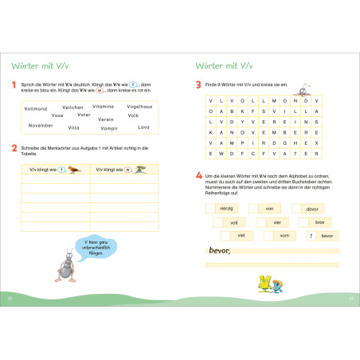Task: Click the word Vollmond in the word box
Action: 36,108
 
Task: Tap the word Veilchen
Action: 72,107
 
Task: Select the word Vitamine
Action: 104,107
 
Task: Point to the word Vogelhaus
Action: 139,107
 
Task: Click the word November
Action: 41,125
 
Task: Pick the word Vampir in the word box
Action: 109,127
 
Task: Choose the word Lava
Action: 143,127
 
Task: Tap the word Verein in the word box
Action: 105,119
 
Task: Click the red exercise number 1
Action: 14,84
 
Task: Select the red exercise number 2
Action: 14,147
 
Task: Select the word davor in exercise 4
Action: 311,209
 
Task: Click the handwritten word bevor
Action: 217,252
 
